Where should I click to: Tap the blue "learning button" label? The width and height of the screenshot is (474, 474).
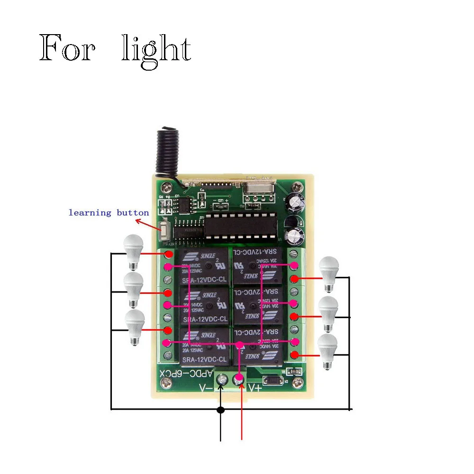pos(109,213)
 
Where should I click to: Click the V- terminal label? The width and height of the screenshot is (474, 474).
pos(205,388)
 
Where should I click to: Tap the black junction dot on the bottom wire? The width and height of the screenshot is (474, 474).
pos(220,409)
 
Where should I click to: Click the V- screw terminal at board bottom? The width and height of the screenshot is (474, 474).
pos(221,379)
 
